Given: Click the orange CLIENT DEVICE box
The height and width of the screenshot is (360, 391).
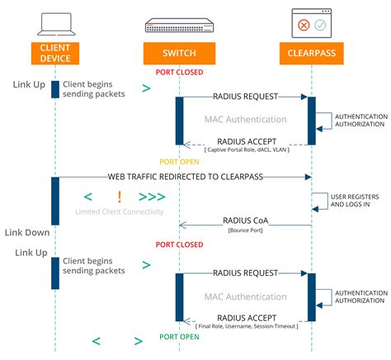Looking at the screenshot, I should pos(54,54).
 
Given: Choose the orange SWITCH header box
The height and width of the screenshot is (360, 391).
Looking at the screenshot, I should pos(179,54).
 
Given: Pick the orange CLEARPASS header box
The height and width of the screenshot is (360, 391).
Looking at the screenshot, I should pos(311,54).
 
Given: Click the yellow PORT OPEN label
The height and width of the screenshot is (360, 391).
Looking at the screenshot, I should pos(179,161).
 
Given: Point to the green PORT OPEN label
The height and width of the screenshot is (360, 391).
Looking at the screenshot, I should pos(179,338).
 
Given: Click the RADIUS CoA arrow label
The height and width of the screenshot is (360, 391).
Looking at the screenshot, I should pos(246,220).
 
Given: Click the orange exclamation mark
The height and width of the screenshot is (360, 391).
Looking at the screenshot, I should pos(120,197).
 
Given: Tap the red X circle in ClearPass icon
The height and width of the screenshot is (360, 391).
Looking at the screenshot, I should pos(303,24).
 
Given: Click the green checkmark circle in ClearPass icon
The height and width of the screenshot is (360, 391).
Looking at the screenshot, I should pos(320,24).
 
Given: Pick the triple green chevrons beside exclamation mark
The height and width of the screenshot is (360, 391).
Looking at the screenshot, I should pos(152,197).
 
